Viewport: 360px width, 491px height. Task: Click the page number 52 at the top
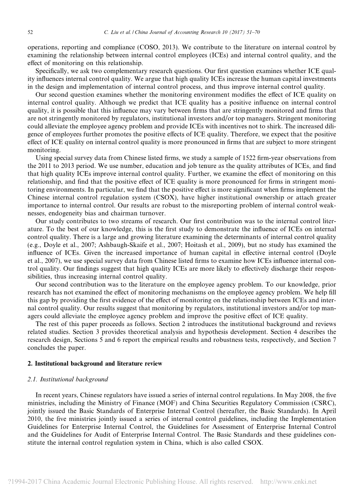click(x=30, y=32)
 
